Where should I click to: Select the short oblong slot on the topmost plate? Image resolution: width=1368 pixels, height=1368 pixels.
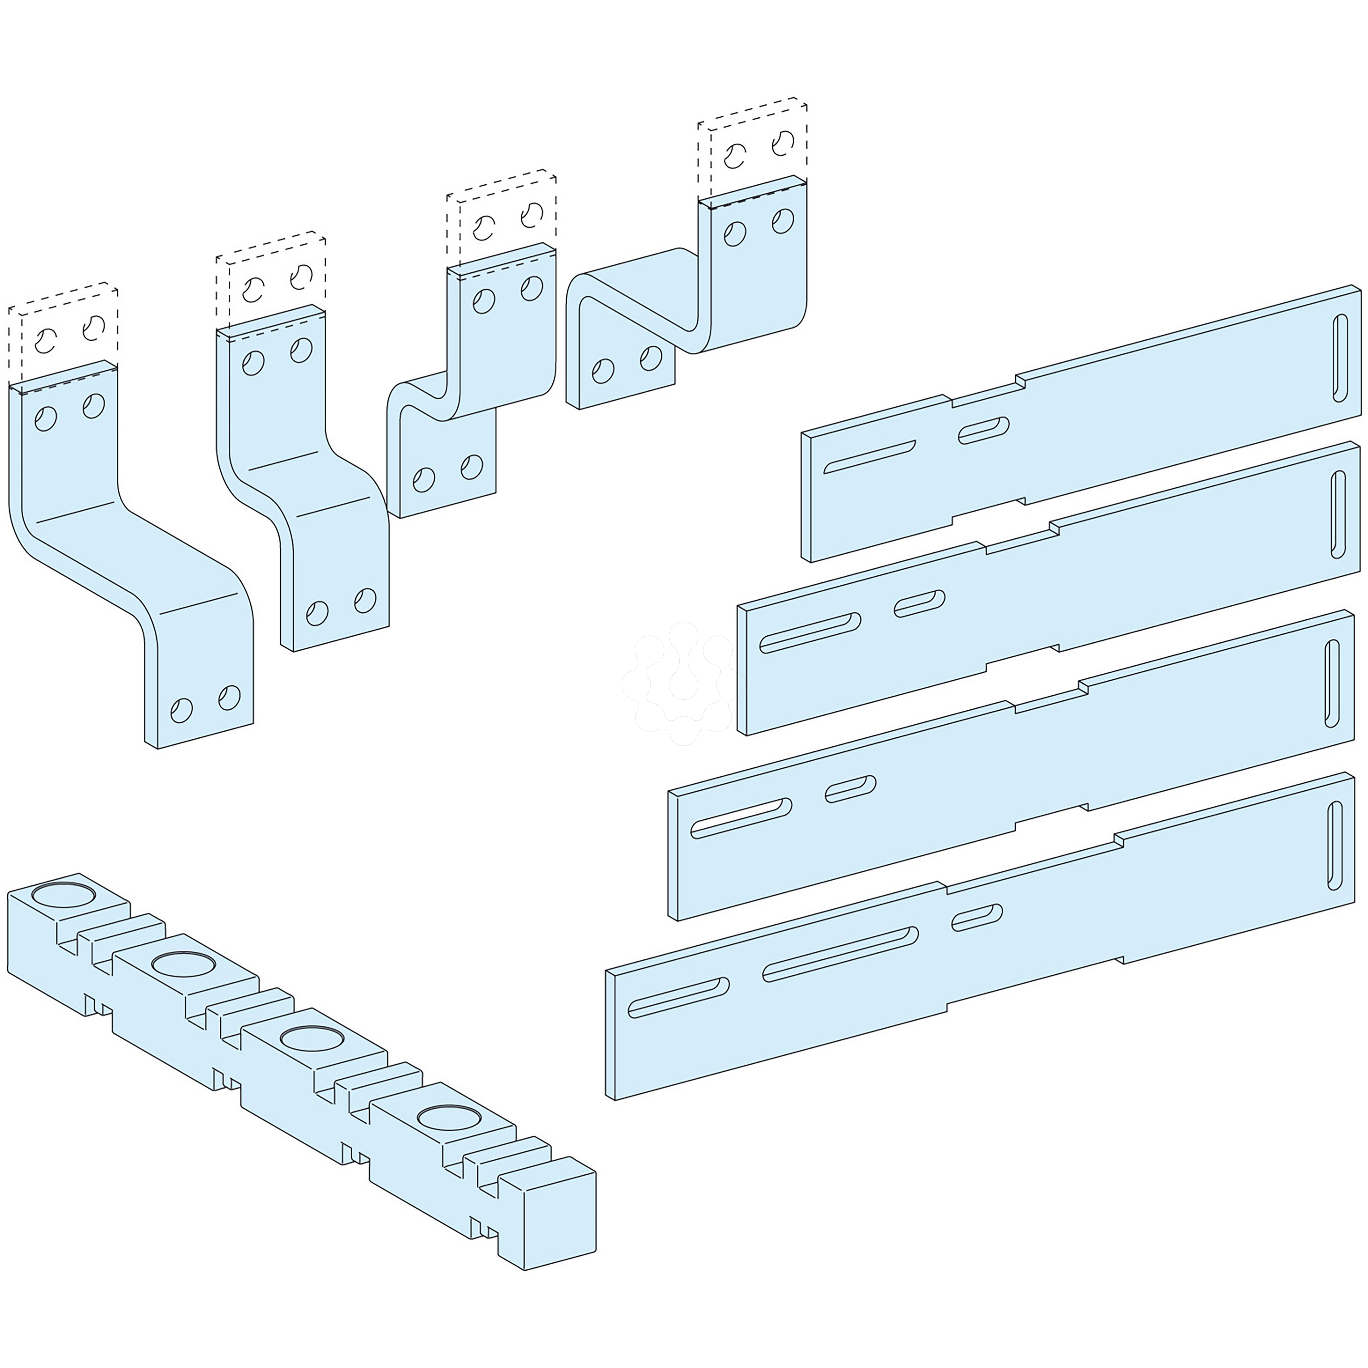coord(984,431)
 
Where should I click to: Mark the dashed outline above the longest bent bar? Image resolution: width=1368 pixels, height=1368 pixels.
coord(64,333)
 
